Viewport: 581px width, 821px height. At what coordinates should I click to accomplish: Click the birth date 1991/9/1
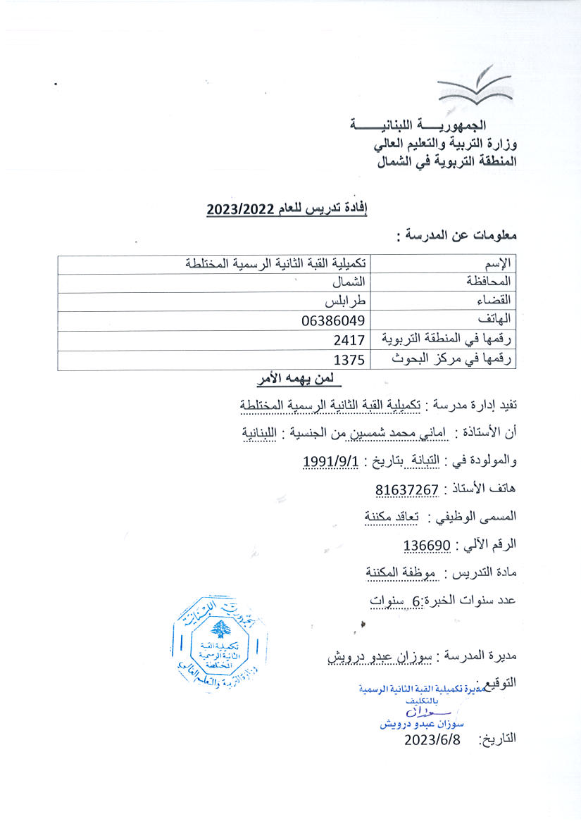[331, 461]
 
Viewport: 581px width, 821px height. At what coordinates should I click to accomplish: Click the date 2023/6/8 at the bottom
[437, 739]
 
